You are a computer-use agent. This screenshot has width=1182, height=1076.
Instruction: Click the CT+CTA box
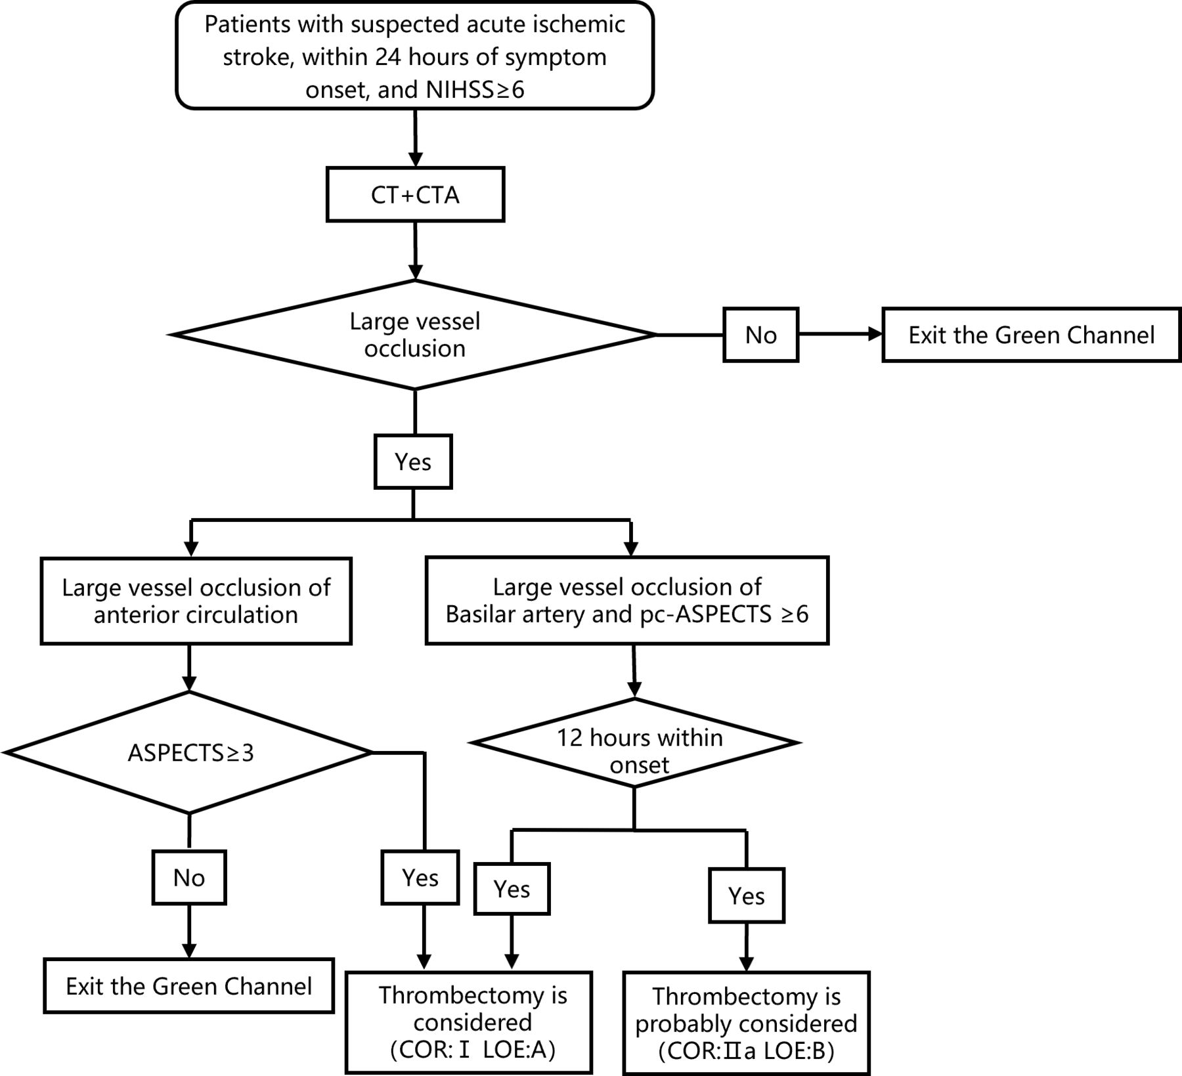415,194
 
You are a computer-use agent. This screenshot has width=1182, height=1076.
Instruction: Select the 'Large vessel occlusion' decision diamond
414,335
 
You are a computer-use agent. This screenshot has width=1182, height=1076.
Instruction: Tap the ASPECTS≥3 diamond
189,752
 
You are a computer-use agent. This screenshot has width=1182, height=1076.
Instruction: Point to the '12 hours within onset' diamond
634,743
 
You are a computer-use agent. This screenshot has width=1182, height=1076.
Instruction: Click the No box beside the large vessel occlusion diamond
760,335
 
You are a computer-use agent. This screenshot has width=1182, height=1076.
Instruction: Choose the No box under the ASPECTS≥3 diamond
189,878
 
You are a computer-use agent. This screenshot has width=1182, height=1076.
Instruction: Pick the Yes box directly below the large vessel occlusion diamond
413,462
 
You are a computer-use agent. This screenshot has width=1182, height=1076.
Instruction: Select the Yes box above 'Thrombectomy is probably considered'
747,895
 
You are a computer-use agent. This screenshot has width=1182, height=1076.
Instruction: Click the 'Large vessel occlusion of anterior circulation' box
196,601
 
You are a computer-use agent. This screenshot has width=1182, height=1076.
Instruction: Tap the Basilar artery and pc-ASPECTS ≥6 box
627,600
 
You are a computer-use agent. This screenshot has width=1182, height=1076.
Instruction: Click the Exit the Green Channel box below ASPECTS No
189,985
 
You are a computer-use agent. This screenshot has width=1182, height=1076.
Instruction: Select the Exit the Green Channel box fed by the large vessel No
1031,335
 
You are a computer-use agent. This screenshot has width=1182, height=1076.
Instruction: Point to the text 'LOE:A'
519,1050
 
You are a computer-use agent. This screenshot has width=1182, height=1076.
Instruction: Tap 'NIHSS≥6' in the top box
475,89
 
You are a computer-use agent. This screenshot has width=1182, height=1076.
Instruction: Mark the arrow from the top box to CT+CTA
415,138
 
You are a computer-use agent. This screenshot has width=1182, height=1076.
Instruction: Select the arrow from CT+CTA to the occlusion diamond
415,251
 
